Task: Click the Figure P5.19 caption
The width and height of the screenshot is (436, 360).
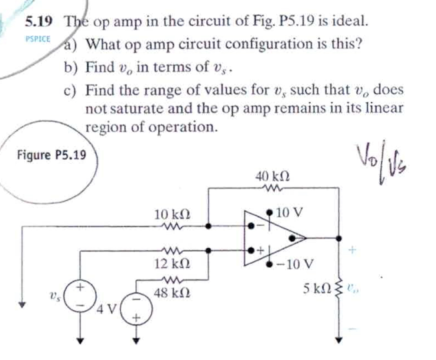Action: coord(52,155)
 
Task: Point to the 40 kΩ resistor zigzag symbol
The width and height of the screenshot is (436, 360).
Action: coord(273,188)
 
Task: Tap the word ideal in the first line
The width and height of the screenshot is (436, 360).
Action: coord(351,20)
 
